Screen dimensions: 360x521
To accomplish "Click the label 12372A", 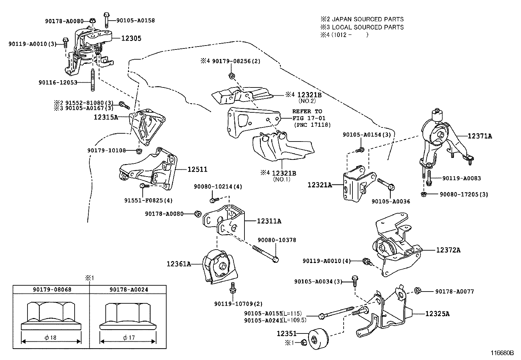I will coord(448,250).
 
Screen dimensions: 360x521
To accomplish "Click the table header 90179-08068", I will coord(52,290).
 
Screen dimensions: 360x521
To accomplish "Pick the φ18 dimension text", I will coord(51,337).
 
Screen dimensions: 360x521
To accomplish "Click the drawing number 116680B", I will coord(502,353).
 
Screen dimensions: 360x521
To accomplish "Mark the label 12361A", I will coord(179,264).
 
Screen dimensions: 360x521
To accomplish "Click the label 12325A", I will coord(437,314).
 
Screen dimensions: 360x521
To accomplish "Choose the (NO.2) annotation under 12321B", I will coord(307,101).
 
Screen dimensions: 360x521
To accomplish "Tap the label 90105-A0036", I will coord(390,201).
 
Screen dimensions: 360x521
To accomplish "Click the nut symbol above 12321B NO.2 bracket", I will coord(231,76).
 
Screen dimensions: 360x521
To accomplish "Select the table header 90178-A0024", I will coord(129,290).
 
